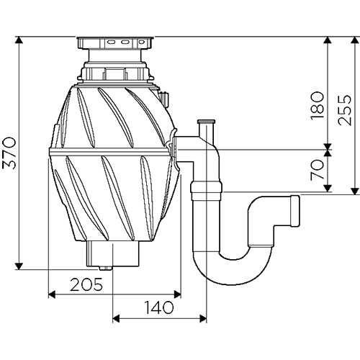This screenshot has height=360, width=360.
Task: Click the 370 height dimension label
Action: pos(9,153)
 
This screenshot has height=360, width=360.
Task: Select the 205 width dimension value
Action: pos(86,284)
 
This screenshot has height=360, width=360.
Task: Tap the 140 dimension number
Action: pos(158,307)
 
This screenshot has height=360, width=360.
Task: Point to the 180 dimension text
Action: pos(317,106)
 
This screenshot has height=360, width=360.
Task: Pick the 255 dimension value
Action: pos(344,110)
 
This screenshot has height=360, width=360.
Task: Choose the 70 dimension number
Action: pos(317,170)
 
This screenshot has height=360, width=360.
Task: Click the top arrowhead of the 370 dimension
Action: pos(19,40)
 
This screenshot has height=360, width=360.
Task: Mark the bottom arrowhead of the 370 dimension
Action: pos(19,266)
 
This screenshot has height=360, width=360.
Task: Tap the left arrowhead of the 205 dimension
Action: pos(52,294)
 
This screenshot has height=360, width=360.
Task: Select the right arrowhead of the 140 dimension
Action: pos(203,319)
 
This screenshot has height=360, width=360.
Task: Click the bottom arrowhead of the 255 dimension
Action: pos(355,192)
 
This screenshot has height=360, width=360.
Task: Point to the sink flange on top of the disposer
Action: pos(114,42)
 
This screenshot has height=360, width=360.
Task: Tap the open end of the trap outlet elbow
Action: pos(295,211)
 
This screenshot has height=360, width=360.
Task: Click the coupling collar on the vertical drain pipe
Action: pos(207,187)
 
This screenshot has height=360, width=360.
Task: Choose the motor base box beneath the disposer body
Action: pos(113,254)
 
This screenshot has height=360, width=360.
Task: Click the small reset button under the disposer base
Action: pos(105,269)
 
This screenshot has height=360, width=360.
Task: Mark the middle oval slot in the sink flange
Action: pos(125,42)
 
